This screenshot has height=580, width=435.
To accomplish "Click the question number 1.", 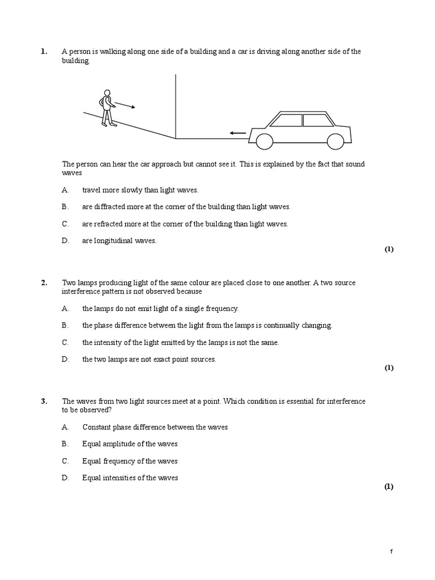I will coord(44,52).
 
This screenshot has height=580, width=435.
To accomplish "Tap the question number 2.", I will coord(44,283).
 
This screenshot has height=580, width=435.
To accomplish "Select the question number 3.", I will coord(44,401).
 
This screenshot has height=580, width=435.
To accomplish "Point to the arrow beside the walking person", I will coord(125,105).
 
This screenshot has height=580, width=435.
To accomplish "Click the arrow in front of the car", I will coord(237,133).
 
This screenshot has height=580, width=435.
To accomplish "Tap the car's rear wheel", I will coord(335,140).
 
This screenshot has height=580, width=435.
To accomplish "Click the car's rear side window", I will coord(318,120).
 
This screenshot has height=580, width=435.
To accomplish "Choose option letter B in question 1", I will coord(65,207).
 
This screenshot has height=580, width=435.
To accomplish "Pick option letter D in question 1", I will coord(65,241).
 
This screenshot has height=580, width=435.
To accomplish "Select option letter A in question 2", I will coord(65,309).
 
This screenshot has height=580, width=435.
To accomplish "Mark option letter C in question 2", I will coord(65,342).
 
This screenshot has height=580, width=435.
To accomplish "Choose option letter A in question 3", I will coord(65,427).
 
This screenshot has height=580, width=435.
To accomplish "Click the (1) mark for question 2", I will coord(389,368).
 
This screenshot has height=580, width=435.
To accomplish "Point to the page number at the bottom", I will coord(391,552).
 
